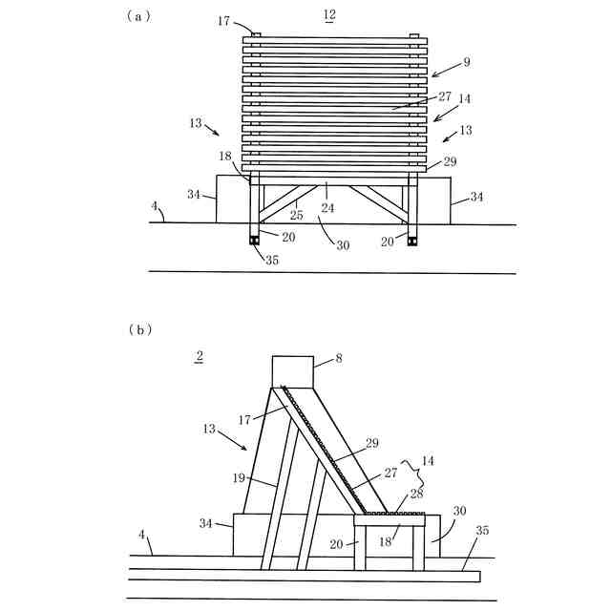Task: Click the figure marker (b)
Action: (x=139, y=329)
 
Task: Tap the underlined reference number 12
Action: (x=329, y=14)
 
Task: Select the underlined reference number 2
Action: (x=199, y=357)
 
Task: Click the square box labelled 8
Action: (x=293, y=370)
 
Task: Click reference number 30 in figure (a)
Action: (x=342, y=244)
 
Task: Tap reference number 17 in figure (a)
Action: (x=223, y=20)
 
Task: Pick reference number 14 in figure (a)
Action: (x=465, y=97)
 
